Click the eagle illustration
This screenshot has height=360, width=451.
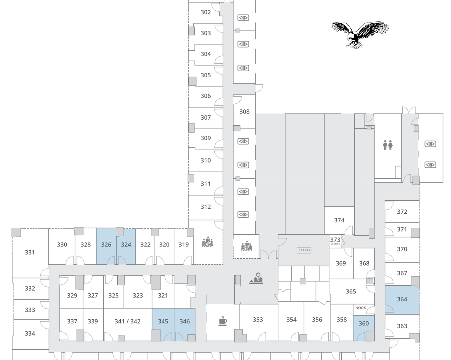click(x=360, y=35)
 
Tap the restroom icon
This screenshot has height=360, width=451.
click(x=388, y=145)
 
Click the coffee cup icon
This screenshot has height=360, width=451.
click(x=222, y=321)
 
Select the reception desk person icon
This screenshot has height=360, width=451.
click(x=256, y=278)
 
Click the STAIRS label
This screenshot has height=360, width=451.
click(x=304, y=250)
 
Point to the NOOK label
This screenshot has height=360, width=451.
click(x=361, y=308)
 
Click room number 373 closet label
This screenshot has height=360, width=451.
click(x=335, y=241)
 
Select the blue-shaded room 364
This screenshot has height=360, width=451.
click(x=402, y=299)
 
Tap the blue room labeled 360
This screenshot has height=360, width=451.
click(x=363, y=328)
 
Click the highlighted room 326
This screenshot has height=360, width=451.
click(x=106, y=246)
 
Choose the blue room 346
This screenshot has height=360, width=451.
click(x=185, y=324)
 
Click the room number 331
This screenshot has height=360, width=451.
click(x=30, y=252)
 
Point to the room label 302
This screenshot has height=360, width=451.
click(x=206, y=12)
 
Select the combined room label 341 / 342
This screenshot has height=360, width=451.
click(x=128, y=321)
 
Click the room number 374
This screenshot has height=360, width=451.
click(x=339, y=220)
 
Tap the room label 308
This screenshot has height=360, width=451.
click(x=245, y=112)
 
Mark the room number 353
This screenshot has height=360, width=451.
click(x=258, y=319)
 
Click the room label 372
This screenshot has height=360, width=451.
click(x=402, y=212)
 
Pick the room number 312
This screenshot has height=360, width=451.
click(x=206, y=207)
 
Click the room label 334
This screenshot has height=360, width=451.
click(x=30, y=334)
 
